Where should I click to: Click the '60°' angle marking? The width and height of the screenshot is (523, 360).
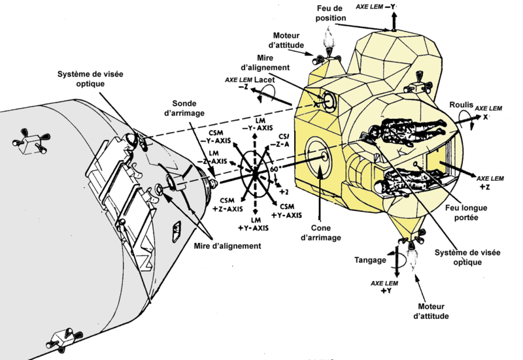click(x=275, y=169)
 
